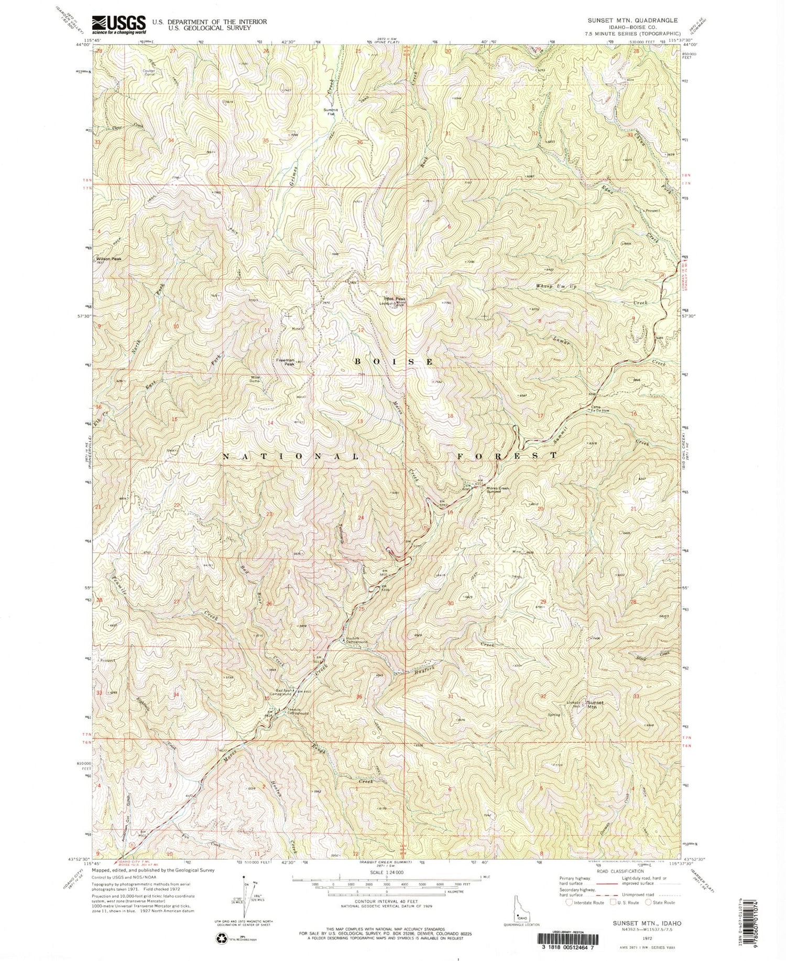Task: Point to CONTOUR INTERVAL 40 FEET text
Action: pyautogui.click(x=388, y=904)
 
